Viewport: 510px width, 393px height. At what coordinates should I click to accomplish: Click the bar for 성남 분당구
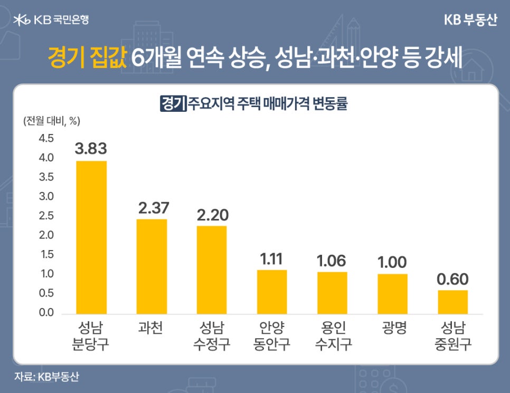click(x=91, y=237)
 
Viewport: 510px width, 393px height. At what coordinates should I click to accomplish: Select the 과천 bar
click(x=152, y=266)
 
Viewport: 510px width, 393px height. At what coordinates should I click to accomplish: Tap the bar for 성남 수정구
click(x=212, y=270)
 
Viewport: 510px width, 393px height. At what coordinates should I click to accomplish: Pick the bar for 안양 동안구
click(x=272, y=292)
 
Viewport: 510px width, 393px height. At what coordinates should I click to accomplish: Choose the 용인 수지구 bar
click(x=332, y=293)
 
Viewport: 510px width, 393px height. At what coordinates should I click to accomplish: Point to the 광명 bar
click(x=392, y=294)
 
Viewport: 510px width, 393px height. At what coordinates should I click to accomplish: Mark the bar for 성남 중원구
click(x=452, y=302)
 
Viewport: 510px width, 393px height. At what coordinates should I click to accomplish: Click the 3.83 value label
click(x=91, y=149)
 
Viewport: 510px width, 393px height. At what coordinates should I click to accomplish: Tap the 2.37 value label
click(x=152, y=207)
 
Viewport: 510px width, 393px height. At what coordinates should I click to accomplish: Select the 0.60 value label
click(x=452, y=279)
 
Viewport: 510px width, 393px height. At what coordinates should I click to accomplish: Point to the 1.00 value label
click(x=392, y=262)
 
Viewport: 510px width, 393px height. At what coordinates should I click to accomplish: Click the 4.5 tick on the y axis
click(x=46, y=139)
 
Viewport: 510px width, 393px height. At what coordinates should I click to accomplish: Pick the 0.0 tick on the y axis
click(x=46, y=313)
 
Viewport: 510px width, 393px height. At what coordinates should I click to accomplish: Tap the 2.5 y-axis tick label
click(x=46, y=216)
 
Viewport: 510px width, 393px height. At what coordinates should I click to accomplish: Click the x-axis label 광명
click(x=392, y=329)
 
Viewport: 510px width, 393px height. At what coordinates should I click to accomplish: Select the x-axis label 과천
click(x=152, y=329)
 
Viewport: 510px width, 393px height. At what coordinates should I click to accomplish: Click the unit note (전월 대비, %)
click(x=51, y=120)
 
